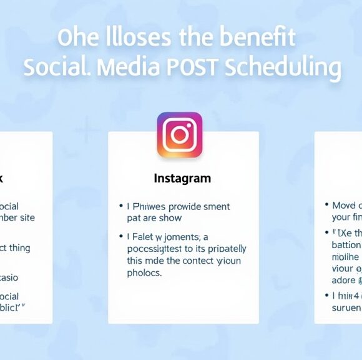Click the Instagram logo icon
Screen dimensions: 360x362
point(180,134)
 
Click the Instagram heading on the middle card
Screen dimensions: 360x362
point(182,178)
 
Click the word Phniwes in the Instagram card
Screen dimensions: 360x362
point(150,207)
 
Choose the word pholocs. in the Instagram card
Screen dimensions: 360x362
point(145,272)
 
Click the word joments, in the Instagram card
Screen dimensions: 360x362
point(185,237)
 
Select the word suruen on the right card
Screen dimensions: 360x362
point(346,307)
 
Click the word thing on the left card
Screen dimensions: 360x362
point(19,247)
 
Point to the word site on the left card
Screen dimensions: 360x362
point(27,217)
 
